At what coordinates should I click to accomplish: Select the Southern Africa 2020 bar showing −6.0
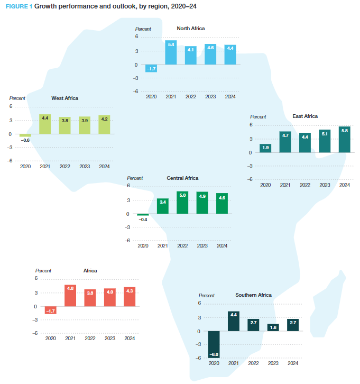[214, 344]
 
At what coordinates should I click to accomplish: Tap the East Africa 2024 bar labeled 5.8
[344, 140]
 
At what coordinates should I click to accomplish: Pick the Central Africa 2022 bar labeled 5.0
[182, 203]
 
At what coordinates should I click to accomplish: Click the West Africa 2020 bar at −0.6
[25, 136]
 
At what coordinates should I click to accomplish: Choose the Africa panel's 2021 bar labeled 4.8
[70, 296]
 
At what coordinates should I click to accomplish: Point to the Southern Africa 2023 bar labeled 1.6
[273, 327]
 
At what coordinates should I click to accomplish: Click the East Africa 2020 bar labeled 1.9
[265, 148]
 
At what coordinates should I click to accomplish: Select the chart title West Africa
[64, 98]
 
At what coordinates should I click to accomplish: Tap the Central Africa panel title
[182, 178]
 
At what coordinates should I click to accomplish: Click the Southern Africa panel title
[253, 295]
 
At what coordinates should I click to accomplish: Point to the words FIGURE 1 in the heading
[19, 7]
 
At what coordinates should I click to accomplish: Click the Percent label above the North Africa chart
[143, 29]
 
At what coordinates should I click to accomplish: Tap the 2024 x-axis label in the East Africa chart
[344, 185]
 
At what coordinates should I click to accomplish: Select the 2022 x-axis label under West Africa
[64, 167]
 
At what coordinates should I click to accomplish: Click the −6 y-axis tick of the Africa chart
[36, 333]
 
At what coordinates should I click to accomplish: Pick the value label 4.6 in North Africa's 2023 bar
[210, 48]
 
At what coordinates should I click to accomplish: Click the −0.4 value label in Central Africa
[143, 219]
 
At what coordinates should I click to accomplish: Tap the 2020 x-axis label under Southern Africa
[214, 363]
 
